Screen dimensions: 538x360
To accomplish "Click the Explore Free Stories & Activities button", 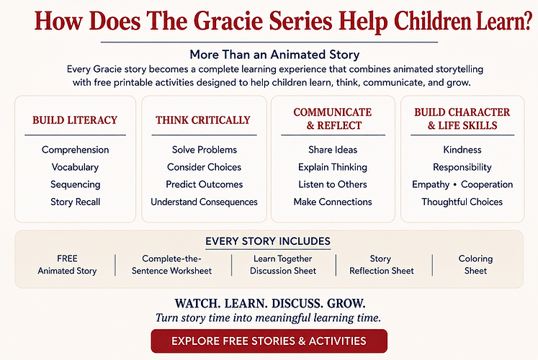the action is (x=269, y=341).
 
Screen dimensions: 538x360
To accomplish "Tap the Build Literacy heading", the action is (x=75, y=120).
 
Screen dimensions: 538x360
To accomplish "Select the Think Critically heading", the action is (x=203, y=120).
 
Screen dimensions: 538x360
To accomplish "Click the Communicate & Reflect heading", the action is (x=333, y=119).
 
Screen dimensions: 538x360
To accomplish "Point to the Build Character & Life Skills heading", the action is (x=462, y=119).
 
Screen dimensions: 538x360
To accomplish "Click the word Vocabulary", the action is (x=75, y=167).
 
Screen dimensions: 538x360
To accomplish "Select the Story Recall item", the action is (x=75, y=202).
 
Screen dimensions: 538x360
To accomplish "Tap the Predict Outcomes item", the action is (x=204, y=184).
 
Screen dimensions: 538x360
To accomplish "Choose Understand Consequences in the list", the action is (x=204, y=202).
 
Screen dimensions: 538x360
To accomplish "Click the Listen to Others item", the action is (x=333, y=184).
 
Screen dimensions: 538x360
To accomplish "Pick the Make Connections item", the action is (x=333, y=202).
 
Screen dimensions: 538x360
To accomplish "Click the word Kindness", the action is (x=462, y=150).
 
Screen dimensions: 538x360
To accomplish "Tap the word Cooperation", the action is (x=487, y=184).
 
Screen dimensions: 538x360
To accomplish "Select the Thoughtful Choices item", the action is (x=462, y=202).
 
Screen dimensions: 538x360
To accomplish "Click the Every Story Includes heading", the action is (x=268, y=241).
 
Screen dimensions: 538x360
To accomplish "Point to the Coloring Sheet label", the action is (x=475, y=264).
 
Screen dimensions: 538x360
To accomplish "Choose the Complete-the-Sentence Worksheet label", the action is (x=171, y=264).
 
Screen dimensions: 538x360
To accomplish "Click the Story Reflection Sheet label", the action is (x=382, y=264).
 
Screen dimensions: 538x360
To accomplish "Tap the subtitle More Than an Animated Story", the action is (x=274, y=54).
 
